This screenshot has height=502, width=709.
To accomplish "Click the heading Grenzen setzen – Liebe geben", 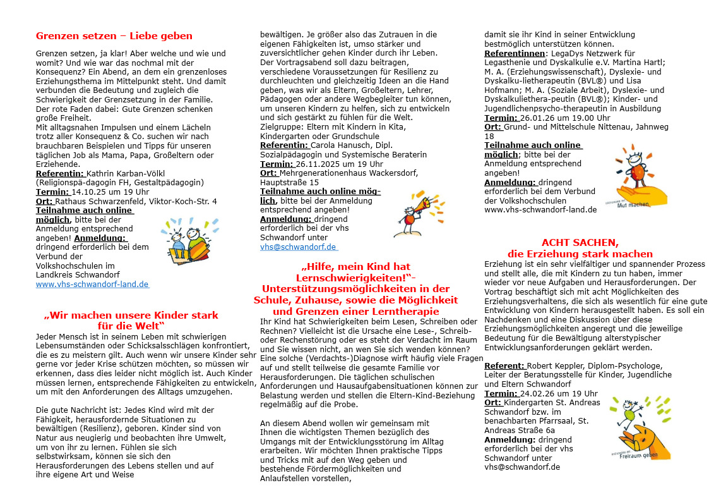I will [114, 36].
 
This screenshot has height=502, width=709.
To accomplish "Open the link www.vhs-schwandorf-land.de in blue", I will [92, 285].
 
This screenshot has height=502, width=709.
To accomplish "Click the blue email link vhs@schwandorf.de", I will [298, 247].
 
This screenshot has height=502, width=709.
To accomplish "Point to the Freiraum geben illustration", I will [639, 427].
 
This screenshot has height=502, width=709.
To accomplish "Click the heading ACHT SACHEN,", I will [580, 243].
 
